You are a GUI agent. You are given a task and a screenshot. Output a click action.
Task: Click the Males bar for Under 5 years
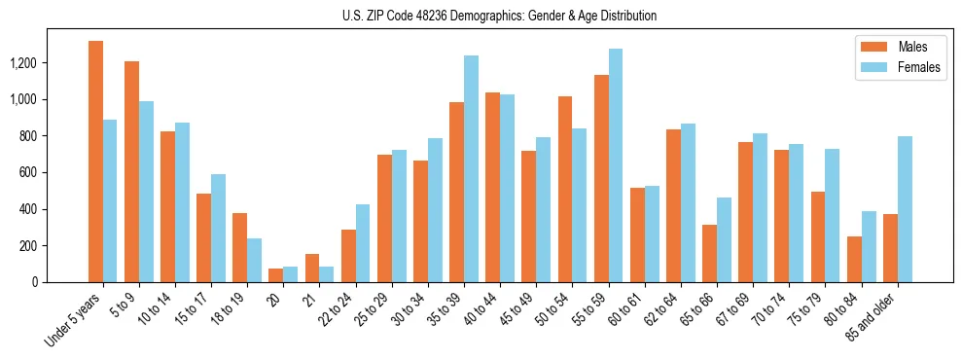tap(95, 162)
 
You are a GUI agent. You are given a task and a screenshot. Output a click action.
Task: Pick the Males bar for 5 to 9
tap(131, 171)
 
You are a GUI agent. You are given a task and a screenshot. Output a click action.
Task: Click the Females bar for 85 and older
tap(905, 209)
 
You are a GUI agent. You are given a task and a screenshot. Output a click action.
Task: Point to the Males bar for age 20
tap(275, 275)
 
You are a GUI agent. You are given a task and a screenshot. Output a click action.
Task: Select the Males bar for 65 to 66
tap(709, 253)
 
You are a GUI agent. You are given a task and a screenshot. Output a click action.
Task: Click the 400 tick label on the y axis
tap(54, 209)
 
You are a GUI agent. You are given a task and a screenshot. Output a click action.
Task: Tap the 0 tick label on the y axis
tap(61, 282)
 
